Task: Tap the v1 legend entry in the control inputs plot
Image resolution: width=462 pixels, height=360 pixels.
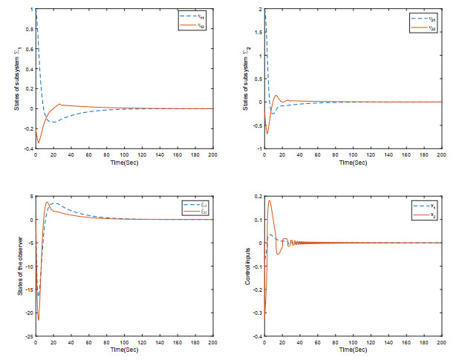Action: click(424, 202)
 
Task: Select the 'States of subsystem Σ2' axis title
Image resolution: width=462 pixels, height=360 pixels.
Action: click(248, 79)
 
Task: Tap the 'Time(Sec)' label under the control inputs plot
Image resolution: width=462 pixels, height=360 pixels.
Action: click(353, 348)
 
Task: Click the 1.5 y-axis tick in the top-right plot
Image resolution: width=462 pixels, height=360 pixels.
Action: click(258, 33)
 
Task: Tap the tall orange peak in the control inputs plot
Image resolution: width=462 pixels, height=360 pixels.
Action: click(269, 200)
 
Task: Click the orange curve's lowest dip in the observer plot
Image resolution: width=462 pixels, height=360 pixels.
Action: click(38, 320)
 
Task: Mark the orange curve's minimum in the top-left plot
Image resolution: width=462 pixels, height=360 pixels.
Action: click(38, 142)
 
